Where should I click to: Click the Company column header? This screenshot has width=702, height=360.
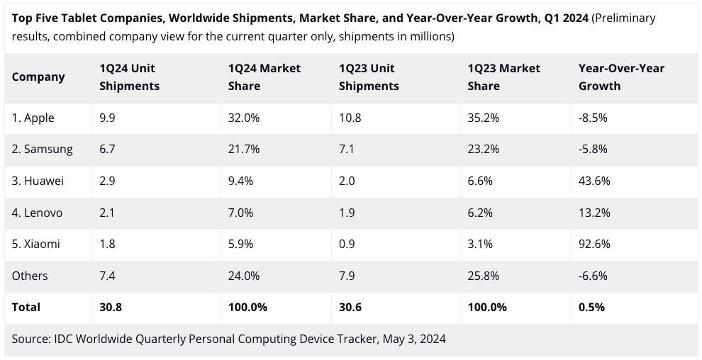click(x=38, y=77)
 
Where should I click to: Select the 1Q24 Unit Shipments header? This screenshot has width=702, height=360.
click(x=129, y=77)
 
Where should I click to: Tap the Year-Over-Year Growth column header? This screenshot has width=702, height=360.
click(x=621, y=77)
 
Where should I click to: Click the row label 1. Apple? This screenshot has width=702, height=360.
click(x=33, y=118)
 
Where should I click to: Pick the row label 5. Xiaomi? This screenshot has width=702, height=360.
click(x=36, y=244)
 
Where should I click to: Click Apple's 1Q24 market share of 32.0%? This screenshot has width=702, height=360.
click(x=244, y=118)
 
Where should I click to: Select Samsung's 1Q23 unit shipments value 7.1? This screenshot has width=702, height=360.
click(x=347, y=150)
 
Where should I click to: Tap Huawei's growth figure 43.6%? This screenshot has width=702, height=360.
click(x=594, y=181)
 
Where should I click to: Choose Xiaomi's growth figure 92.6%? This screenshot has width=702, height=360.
click(x=594, y=244)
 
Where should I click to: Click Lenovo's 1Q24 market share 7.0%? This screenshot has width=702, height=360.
click(x=241, y=213)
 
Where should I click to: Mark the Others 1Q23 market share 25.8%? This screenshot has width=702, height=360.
click(x=484, y=276)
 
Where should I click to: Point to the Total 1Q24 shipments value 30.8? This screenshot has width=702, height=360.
click(x=111, y=307)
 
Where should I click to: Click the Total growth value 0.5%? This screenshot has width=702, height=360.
click(x=591, y=307)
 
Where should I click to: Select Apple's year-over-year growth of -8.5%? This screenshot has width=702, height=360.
click(x=593, y=118)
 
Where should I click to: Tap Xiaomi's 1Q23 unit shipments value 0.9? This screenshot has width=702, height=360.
click(x=347, y=244)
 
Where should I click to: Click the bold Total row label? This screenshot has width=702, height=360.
click(x=26, y=307)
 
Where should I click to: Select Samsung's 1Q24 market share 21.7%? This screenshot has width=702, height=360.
click(x=244, y=150)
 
